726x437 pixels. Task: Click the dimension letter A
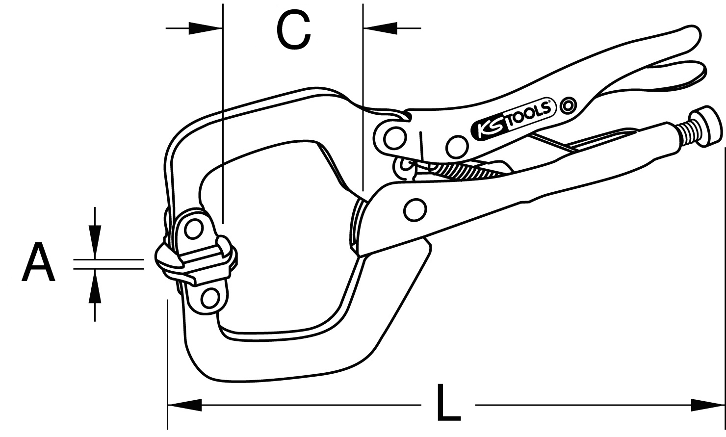point(38,262)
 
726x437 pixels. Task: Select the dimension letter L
point(448,402)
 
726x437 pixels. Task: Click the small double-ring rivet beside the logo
point(568,105)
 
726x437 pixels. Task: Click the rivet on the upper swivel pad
point(193,230)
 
